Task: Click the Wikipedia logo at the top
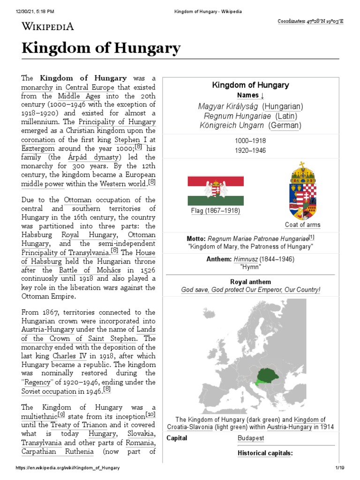(x=47, y=27)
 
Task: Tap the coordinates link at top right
(x=310, y=22)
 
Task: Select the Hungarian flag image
(x=215, y=190)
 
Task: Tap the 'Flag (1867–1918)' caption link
(x=215, y=211)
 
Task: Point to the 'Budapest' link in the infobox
(x=251, y=438)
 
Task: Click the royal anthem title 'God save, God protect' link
(x=251, y=290)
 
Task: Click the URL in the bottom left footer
(x=67, y=468)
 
